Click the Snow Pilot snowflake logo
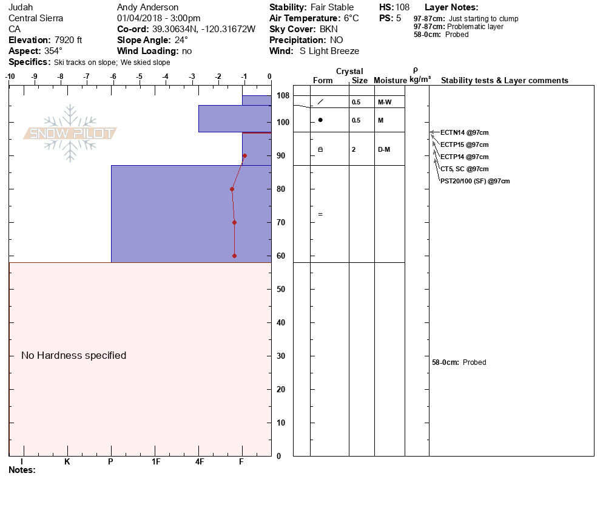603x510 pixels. [x=70, y=133]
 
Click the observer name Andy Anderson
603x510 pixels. [x=147, y=7]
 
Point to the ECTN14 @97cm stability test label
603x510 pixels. [x=464, y=132]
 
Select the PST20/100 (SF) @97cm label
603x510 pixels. [x=475, y=181]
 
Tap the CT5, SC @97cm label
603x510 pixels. [x=464, y=169]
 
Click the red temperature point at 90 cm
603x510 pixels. [x=244, y=155]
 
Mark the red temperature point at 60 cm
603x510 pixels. [x=234, y=256]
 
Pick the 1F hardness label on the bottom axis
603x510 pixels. [x=156, y=461]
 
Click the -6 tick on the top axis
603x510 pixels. [x=113, y=76]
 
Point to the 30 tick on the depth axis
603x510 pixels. [x=280, y=356]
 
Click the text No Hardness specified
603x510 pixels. [x=73, y=355]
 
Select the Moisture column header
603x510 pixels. [x=389, y=81]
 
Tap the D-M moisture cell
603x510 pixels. [x=384, y=149]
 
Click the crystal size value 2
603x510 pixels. [x=354, y=149]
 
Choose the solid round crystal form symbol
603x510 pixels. [x=320, y=120]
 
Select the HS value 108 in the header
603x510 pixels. [x=402, y=7]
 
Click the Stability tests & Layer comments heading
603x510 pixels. [x=504, y=81]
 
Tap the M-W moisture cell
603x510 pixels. [x=384, y=102]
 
